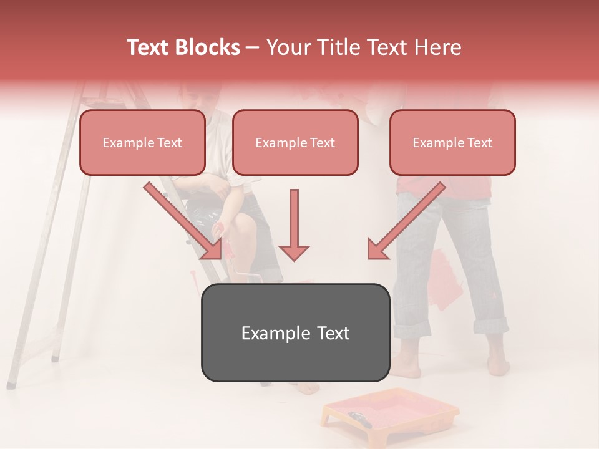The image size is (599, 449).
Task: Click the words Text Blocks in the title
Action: pyautogui.click(x=183, y=47)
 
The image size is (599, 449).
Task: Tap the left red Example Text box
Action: pyautogui.click(x=142, y=142)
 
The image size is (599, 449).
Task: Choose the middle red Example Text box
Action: pyautogui.click(x=295, y=142)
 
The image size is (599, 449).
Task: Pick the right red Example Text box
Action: pyautogui.click(x=452, y=142)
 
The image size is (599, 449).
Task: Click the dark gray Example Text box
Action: pyautogui.click(x=295, y=332)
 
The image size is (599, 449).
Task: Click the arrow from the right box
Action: pyautogui.click(x=406, y=221)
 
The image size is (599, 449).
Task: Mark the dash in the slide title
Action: pyautogui.click(x=253, y=47)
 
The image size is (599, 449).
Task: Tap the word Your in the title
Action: pyautogui.click(x=289, y=47)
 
